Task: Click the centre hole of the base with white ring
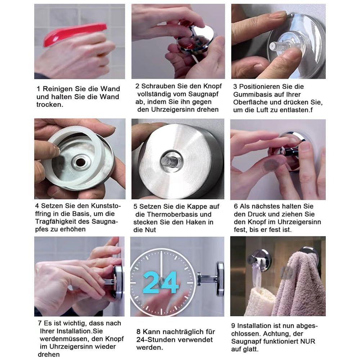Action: tap(80, 162)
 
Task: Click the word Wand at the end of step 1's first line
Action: tap(110, 89)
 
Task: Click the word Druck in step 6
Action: tap(257, 214)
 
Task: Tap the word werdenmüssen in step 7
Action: tap(64, 339)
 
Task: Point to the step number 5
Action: tap(135, 207)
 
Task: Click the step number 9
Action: tap(233, 326)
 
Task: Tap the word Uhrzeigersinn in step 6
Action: tap(299, 222)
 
